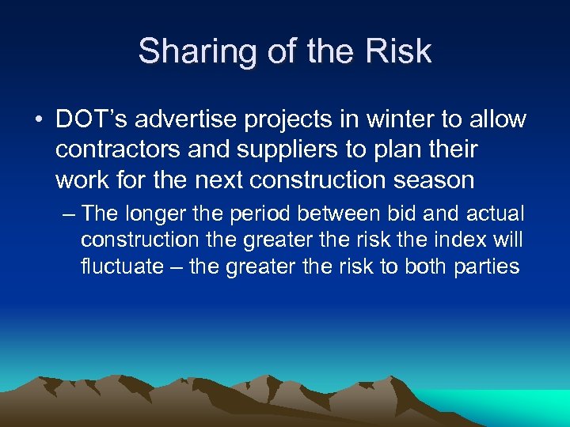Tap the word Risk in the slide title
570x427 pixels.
tap(400, 52)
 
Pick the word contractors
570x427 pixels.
tap(123, 149)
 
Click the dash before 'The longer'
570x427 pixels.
tap(67, 214)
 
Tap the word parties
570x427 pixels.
tap(487, 266)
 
